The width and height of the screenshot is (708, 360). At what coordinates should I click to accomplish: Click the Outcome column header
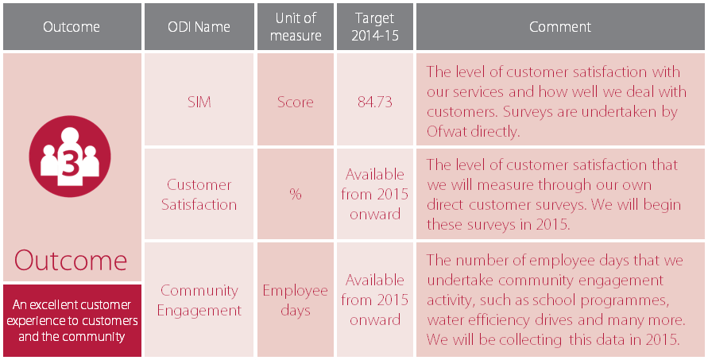[72, 27]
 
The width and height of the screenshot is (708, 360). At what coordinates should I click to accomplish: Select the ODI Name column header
[199, 27]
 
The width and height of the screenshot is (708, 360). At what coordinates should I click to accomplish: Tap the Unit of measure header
[296, 27]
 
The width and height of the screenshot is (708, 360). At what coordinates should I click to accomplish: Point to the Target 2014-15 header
[374, 27]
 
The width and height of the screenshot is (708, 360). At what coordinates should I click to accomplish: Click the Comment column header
[560, 27]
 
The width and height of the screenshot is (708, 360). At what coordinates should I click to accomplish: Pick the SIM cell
[199, 102]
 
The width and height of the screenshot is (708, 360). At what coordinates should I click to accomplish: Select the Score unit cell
[296, 102]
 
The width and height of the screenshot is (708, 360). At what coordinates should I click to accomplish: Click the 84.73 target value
[374, 102]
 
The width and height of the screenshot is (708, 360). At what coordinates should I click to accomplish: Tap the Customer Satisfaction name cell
[199, 195]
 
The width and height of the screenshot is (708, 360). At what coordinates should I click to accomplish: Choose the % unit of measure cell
[296, 195]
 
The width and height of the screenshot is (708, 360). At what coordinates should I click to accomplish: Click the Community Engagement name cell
[199, 300]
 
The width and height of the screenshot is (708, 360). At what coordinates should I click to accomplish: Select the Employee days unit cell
[296, 300]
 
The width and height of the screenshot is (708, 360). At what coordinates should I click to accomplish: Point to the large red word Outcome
[72, 261]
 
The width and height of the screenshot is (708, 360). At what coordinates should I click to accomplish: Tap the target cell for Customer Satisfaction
[374, 195]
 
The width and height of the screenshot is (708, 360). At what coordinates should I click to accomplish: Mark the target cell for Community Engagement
[374, 300]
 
